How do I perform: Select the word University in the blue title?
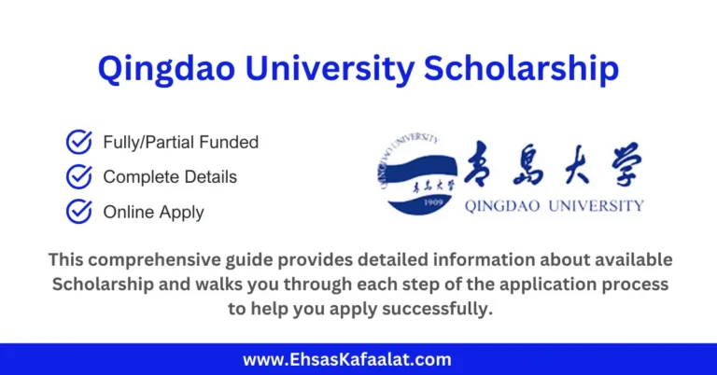pyautogui.click(x=339, y=69)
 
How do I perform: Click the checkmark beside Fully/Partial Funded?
pyautogui.click(x=78, y=142)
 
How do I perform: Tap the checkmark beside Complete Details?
pyautogui.click(x=78, y=176)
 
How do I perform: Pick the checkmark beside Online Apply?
pyautogui.click(x=78, y=211)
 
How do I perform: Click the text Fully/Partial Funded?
pyautogui.click(x=181, y=143)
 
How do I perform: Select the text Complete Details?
pyautogui.click(x=170, y=176)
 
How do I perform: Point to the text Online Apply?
pyautogui.click(x=153, y=212)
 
